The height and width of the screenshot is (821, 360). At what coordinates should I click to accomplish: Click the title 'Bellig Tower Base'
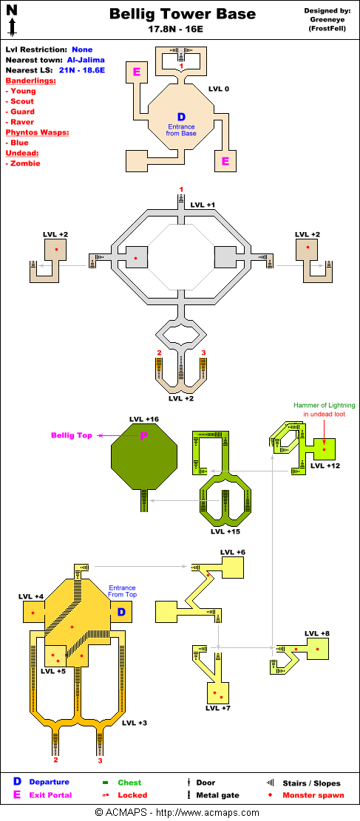click(183, 14)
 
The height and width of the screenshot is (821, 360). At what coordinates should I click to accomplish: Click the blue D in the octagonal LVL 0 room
click(181, 117)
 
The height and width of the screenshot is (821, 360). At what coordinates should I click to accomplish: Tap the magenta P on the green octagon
click(143, 436)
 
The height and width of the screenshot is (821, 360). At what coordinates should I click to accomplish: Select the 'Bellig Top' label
click(71, 436)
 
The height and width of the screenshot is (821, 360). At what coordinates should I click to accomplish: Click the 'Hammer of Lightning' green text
click(324, 405)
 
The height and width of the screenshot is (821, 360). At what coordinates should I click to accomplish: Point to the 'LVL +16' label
click(143, 420)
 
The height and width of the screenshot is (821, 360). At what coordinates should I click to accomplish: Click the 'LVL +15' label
click(225, 531)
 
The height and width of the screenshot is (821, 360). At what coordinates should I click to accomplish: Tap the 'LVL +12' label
click(325, 465)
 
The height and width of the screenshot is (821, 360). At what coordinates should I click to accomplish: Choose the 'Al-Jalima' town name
click(86, 60)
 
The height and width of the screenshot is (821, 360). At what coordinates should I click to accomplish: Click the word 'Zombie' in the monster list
click(25, 163)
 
